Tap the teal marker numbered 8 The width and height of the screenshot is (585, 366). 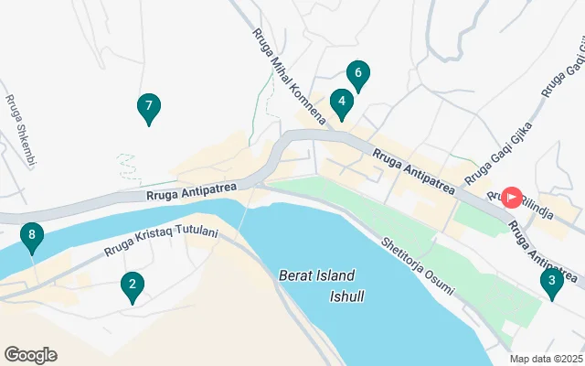pyautogui.click(x=32, y=238)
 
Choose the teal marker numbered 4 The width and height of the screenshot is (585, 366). pyautogui.click(x=341, y=103)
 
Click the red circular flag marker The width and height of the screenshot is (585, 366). pyautogui.click(x=513, y=196)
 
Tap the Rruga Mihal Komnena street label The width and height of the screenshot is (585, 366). pyautogui.click(x=289, y=79)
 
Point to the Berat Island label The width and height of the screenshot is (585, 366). pyautogui.click(x=316, y=275)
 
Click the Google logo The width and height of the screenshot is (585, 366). pyautogui.click(x=30, y=355)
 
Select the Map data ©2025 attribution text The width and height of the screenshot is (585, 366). pyautogui.click(x=546, y=359)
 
